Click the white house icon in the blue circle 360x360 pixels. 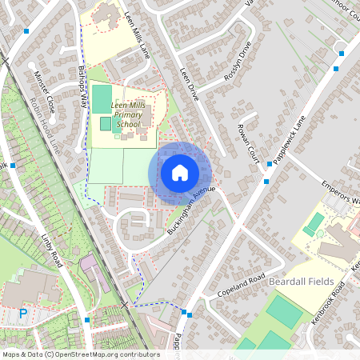(180, 172)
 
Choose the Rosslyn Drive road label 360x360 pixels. (238, 58)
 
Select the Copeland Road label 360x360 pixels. (241, 289)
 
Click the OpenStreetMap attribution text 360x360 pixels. (81, 354)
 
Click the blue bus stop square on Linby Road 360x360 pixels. (86, 320)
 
